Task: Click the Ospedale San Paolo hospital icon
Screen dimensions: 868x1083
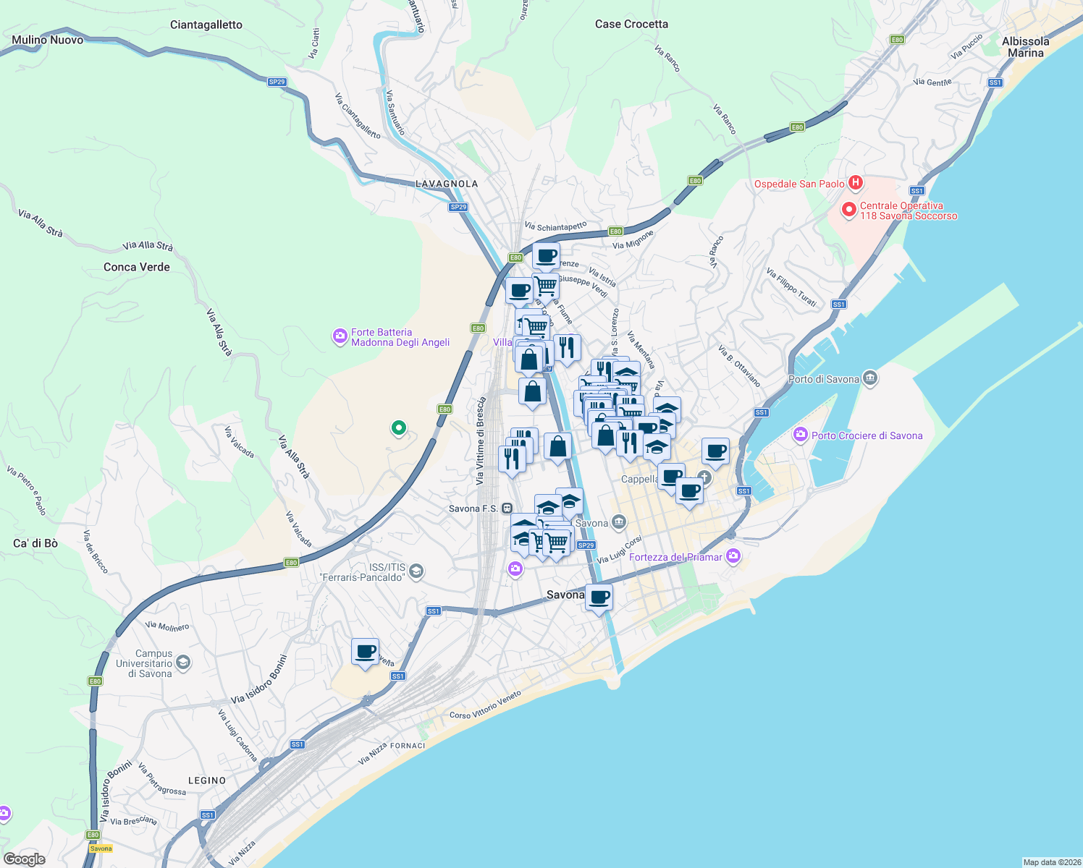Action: pos(856,183)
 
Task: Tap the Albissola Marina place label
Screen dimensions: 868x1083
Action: pos(1025,47)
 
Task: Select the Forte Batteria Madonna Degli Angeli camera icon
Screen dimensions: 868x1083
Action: pos(340,336)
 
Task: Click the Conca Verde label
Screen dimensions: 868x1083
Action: pos(137,267)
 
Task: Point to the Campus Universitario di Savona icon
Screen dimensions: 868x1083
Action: pos(183,663)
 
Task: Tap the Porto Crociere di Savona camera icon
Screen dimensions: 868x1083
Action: pos(800,435)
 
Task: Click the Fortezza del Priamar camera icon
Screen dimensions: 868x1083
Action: pos(733,556)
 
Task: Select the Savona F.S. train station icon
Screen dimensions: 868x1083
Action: pos(507,509)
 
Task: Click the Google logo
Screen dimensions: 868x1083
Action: pos(24,859)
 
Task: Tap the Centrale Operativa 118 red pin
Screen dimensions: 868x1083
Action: pos(848,210)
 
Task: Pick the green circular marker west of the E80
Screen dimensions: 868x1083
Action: pos(398,428)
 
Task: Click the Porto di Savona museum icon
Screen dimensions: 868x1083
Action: pos(870,378)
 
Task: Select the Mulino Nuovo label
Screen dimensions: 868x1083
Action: pos(48,40)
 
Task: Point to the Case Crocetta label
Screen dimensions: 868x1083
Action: pos(631,24)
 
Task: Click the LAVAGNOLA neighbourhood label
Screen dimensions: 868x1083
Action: pos(447,184)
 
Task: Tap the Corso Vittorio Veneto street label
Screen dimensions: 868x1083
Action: pos(485,705)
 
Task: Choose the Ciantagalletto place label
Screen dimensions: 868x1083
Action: pos(206,25)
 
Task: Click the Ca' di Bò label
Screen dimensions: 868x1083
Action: pos(35,543)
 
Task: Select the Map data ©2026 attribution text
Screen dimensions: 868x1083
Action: pos(1051,862)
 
